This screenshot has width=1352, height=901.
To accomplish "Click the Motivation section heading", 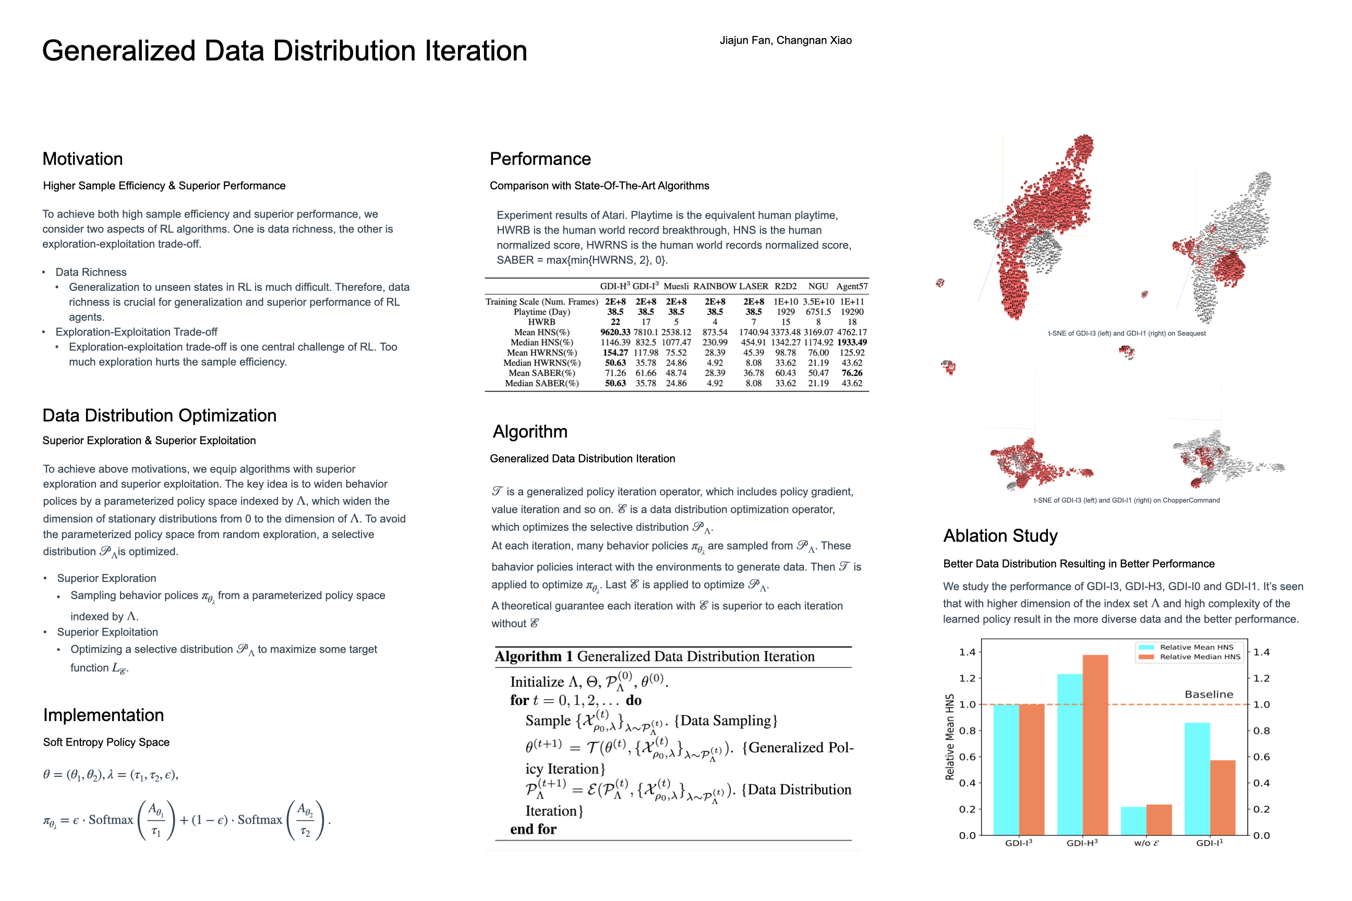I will pyautogui.click(x=82, y=159).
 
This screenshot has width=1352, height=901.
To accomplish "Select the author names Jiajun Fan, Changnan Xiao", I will pyautogui.click(x=785, y=40).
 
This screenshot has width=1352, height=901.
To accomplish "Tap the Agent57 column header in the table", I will pyautogui.click(x=851, y=286).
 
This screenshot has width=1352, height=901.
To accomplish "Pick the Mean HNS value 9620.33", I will pyautogui.click(x=614, y=332).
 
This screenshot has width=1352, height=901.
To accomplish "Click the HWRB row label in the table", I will pyautogui.click(x=541, y=322).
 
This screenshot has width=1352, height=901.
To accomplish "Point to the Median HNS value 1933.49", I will pyautogui.click(x=851, y=343).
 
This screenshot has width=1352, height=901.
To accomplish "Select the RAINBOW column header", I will pyautogui.click(x=715, y=286).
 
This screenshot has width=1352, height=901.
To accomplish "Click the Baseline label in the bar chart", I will pyautogui.click(x=1208, y=694).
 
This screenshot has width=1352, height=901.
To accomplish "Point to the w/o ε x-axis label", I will pyautogui.click(x=1146, y=843).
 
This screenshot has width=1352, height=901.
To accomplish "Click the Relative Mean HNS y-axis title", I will pyautogui.click(x=950, y=737).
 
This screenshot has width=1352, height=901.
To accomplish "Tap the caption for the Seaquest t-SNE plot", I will pyautogui.click(x=1126, y=333).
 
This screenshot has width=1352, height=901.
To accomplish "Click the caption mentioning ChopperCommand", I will pyautogui.click(x=1126, y=501).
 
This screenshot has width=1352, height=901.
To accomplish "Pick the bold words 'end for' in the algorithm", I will pyautogui.click(x=533, y=829).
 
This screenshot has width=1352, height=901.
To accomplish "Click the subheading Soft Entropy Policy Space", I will pyautogui.click(x=106, y=742).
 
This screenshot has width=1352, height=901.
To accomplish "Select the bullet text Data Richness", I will pyautogui.click(x=91, y=272).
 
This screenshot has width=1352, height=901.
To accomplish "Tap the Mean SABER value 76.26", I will pyautogui.click(x=851, y=373).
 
